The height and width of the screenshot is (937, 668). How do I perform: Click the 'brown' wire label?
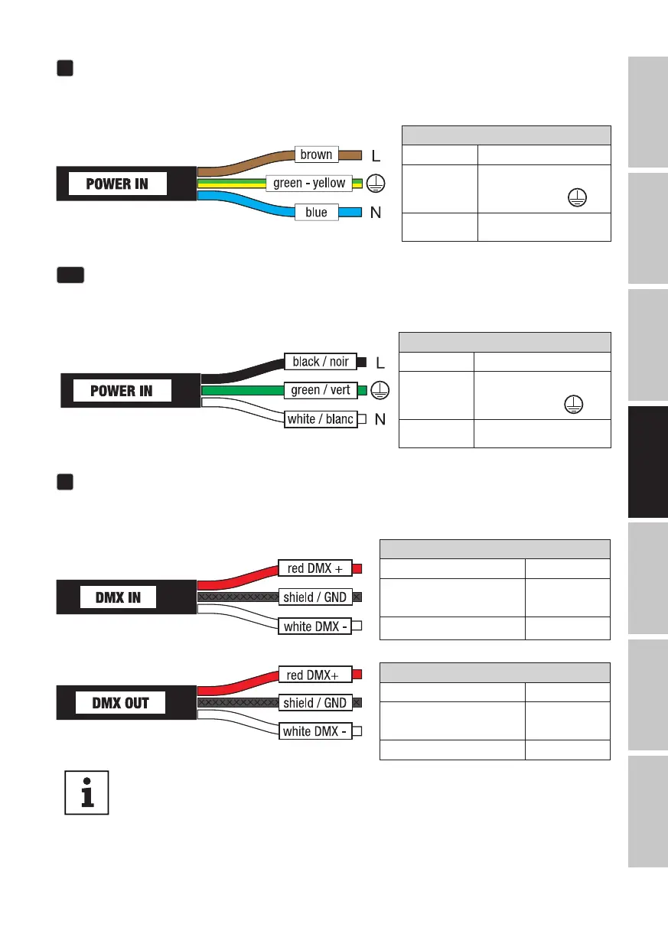(x=316, y=155)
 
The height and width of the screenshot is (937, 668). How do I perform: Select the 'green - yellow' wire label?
(x=310, y=184)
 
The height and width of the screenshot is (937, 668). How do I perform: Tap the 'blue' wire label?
(x=316, y=213)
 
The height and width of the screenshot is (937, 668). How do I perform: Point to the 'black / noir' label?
(x=320, y=361)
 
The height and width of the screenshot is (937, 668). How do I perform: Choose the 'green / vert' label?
(x=320, y=390)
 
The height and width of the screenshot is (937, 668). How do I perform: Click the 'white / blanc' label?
(x=320, y=419)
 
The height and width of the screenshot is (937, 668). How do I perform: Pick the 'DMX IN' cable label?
(x=117, y=597)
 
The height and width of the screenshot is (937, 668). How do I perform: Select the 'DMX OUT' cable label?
(x=121, y=703)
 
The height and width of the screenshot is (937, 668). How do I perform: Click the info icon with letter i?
(x=86, y=792)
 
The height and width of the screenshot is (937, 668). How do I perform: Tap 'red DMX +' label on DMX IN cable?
(x=315, y=568)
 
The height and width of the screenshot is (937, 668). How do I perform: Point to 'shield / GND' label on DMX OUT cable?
(x=314, y=703)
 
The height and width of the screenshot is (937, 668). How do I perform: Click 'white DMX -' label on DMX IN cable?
(x=315, y=626)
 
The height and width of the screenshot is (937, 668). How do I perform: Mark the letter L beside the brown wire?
(x=376, y=155)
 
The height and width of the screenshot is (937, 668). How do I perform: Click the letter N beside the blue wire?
(x=376, y=213)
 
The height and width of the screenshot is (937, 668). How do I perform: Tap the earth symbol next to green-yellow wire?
(x=376, y=184)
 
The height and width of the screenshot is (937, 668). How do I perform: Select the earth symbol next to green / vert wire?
(x=377, y=390)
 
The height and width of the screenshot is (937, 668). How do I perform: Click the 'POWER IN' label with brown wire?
(x=118, y=184)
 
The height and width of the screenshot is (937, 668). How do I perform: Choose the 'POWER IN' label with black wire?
(x=122, y=391)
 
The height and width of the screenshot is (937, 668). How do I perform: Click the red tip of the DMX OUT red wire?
(x=357, y=674)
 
